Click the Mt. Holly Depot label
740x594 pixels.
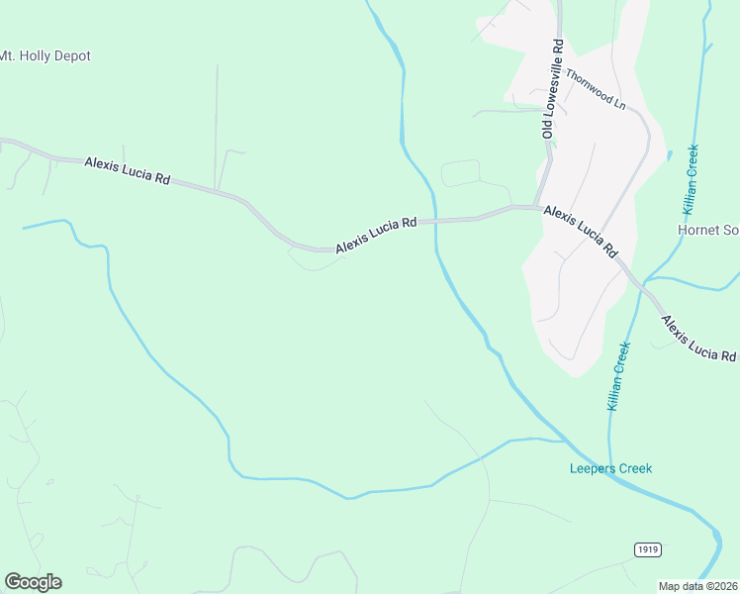(x=45, y=56)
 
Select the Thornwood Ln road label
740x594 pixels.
(x=596, y=87)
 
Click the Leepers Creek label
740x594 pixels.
(x=611, y=468)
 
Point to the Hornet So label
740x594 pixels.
(x=708, y=230)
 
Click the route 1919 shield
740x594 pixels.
(x=647, y=549)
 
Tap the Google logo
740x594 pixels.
(x=33, y=582)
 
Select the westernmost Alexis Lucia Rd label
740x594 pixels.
(x=128, y=170)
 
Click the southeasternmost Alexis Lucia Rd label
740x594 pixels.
(x=698, y=339)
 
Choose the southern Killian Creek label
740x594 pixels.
(x=617, y=376)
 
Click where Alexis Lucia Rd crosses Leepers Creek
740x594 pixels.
(x=434, y=221)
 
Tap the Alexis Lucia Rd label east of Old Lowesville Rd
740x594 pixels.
(x=581, y=232)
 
